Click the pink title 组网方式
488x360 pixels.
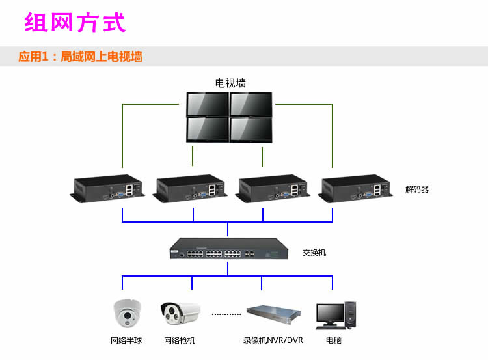tap(75, 22)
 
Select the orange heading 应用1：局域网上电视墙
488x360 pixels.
tap(80, 57)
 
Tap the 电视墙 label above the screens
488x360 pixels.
tap(230, 83)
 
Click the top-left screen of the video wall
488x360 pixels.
tap(208, 104)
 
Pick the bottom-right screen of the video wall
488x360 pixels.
tap(251, 130)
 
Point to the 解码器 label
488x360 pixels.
tap(417, 189)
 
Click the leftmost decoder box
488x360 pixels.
tap(107, 188)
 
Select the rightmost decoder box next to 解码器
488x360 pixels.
tap(355, 188)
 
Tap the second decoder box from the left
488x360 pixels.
tap(190, 188)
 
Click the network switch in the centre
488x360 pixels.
tap(229, 249)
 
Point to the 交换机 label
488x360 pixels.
tap(314, 253)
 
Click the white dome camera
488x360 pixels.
tap(127, 313)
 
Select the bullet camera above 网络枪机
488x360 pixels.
tap(180, 313)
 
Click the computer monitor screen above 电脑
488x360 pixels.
tap(330, 313)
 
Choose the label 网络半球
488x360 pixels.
tap(126, 340)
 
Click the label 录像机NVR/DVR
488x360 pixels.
tap(273, 340)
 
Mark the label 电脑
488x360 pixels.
tap(334, 340)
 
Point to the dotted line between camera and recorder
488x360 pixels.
tap(226, 314)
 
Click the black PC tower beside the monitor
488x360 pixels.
tap(350, 314)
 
